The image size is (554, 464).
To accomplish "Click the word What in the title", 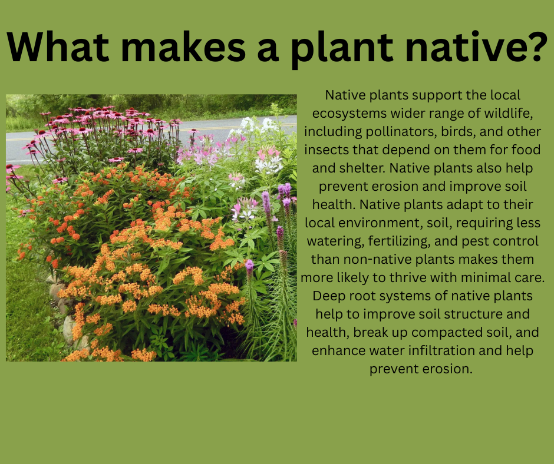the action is [x=58, y=47].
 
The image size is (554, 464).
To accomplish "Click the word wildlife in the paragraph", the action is [x=509, y=113].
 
